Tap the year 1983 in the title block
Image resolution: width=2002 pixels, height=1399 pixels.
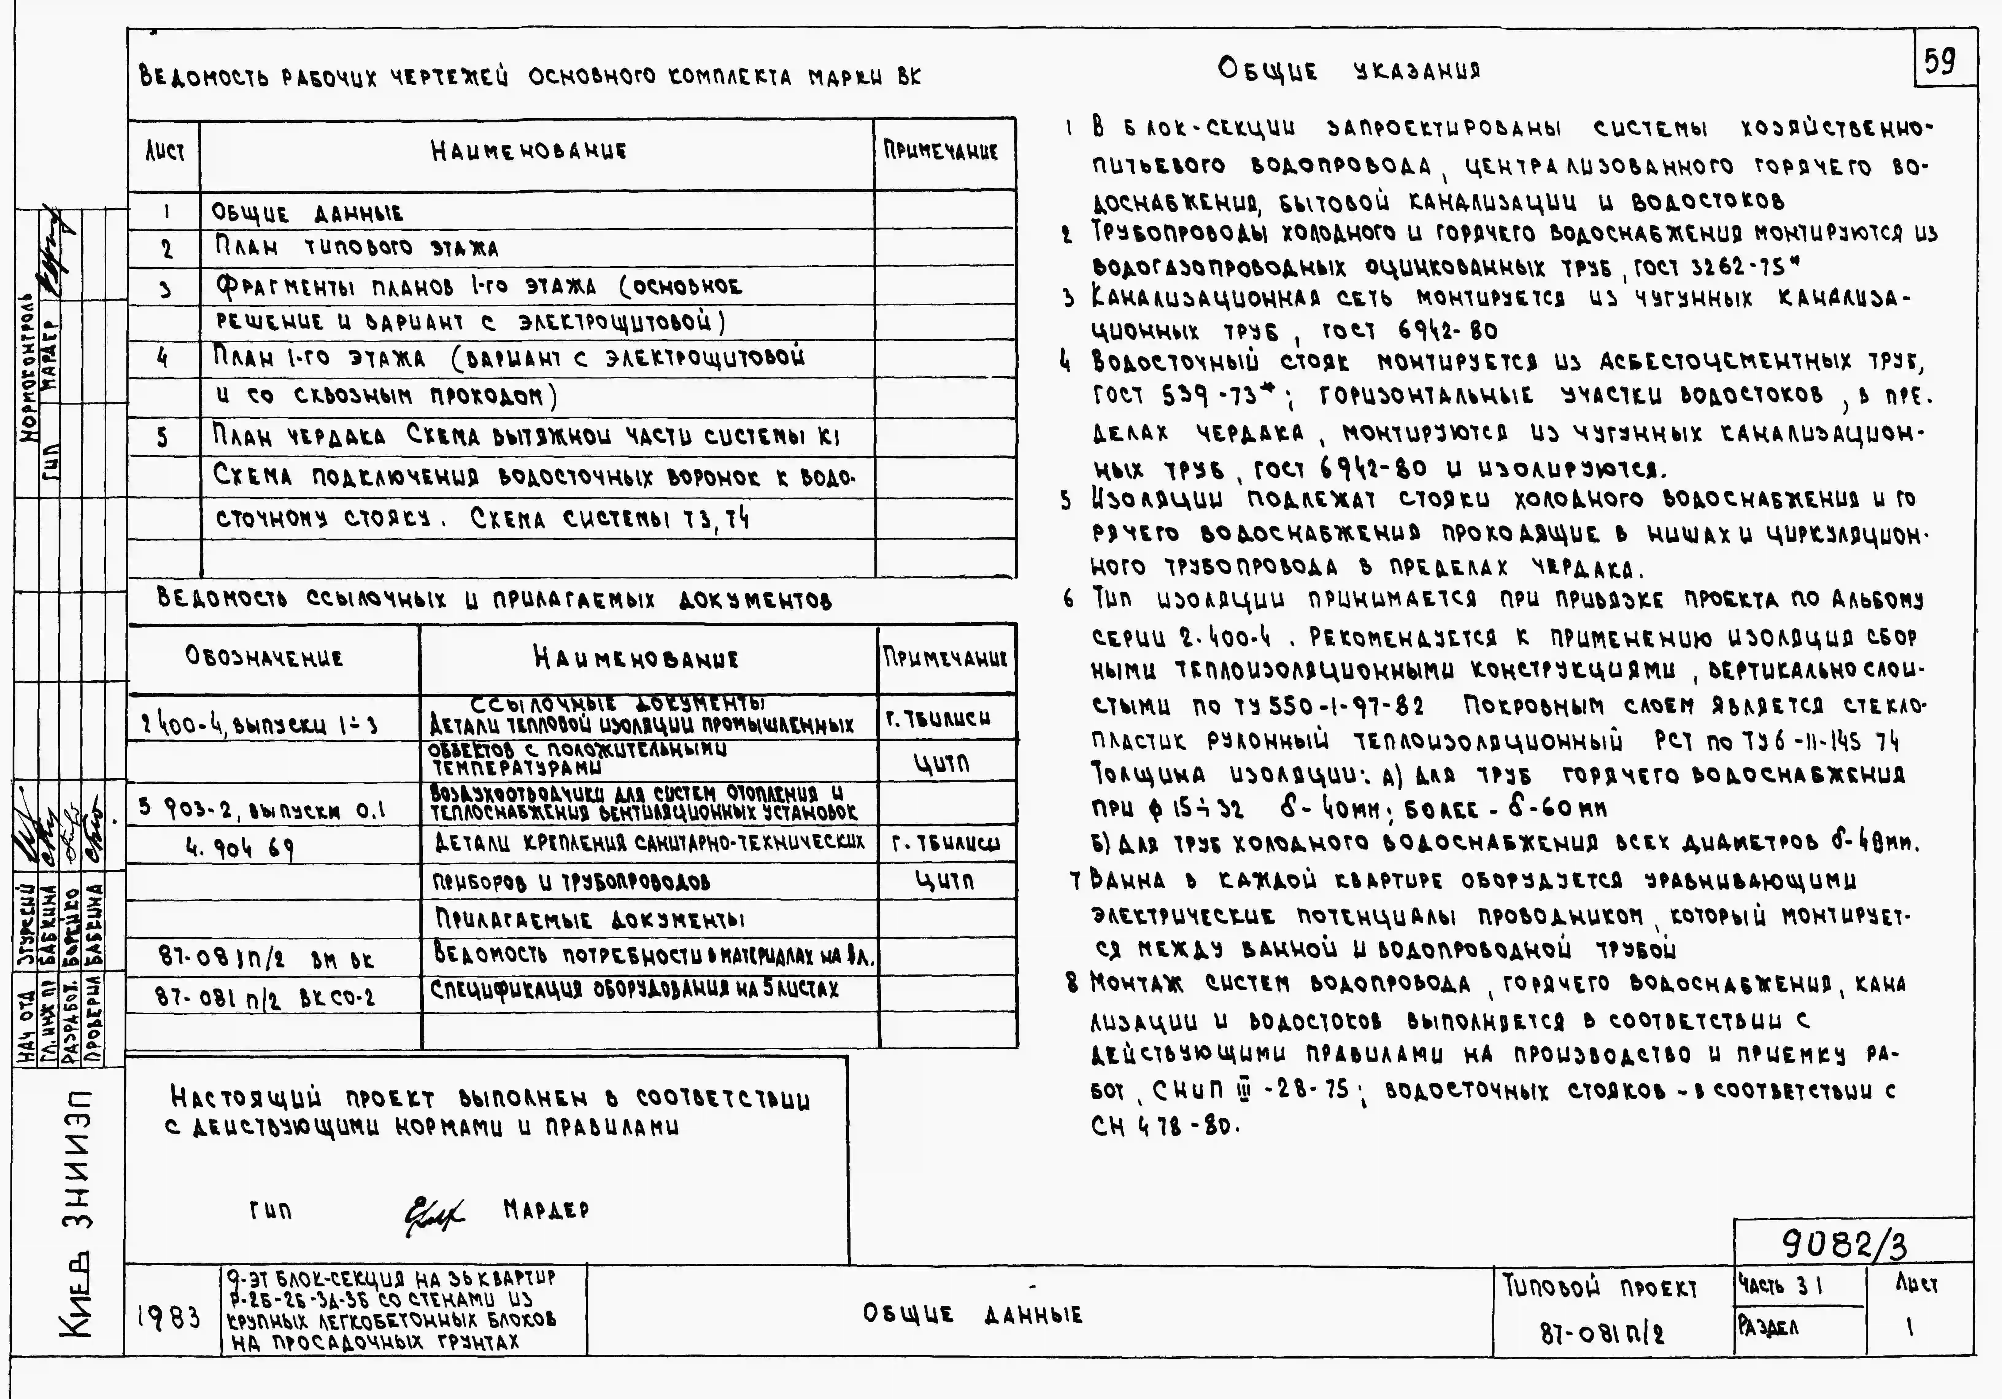pos(169,1317)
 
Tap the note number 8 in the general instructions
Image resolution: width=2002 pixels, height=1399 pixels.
pos(1072,983)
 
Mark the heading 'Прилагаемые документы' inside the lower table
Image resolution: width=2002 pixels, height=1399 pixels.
pos(589,920)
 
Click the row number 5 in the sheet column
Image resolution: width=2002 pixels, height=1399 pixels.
pos(163,437)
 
